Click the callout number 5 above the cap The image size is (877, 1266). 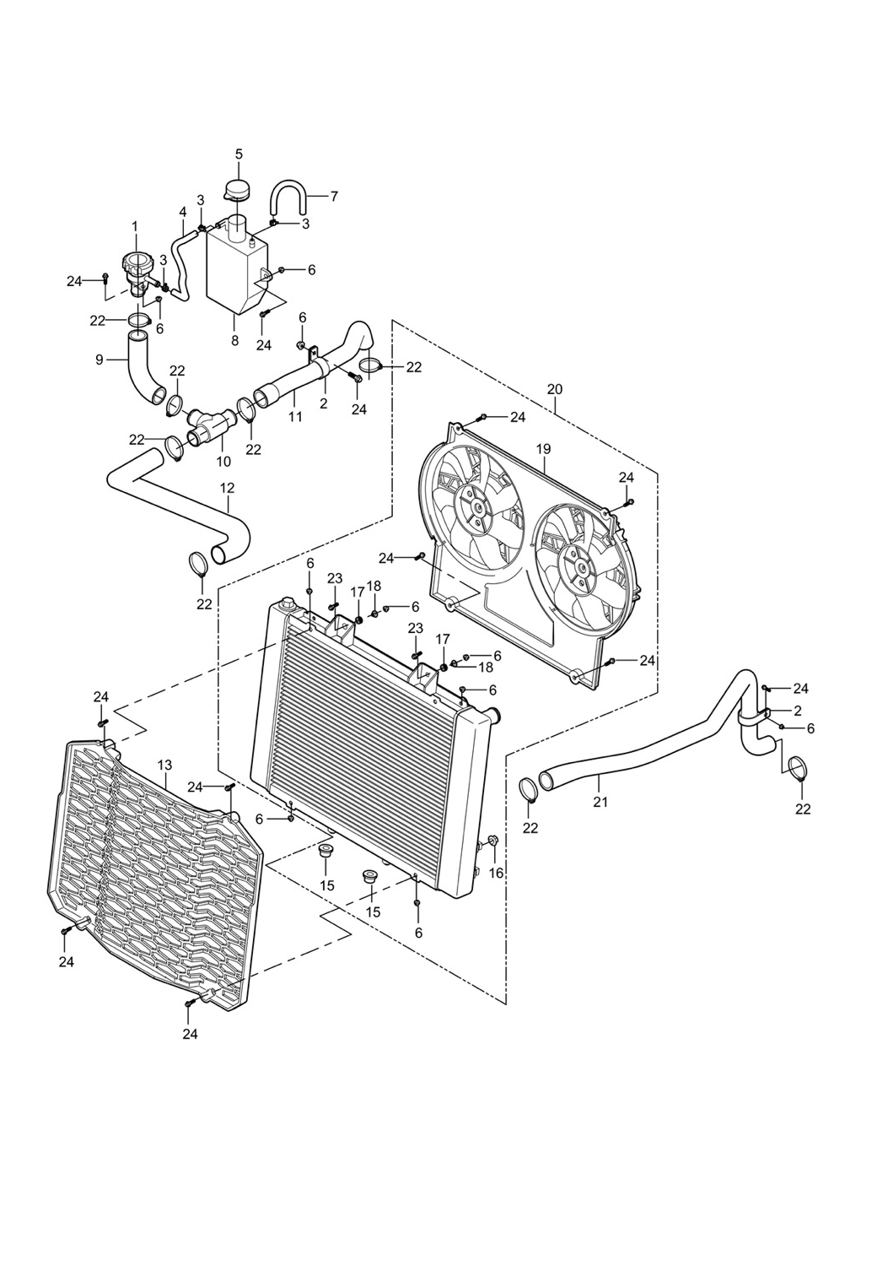tap(239, 154)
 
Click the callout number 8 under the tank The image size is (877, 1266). tap(234, 340)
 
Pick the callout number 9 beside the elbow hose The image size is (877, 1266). tap(100, 359)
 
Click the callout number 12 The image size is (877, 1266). tap(227, 488)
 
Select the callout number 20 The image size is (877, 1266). tap(554, 389)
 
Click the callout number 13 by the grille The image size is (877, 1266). tap(164, 764)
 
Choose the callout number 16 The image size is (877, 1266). tap(496, 873)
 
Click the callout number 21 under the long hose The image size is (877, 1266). tap(600, 802)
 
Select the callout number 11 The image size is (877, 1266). tap(295, 415)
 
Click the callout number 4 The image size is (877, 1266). tap(182, 211)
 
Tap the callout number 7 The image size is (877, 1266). tap(334, 197)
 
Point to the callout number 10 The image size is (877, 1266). tap(223, 462)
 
